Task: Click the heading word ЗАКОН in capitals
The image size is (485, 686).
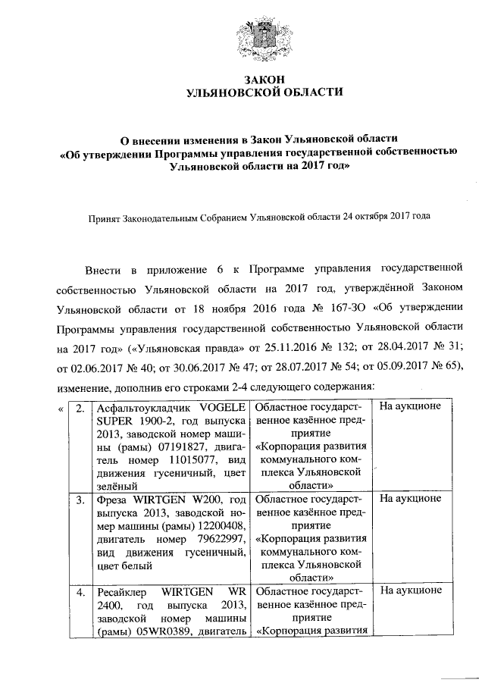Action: pyautogui.click(x=242, y=79)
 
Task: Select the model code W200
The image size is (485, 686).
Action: pyautogui.click(x=196, y=500)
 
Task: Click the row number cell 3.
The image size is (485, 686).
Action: pyautogui.click(x=80, y=500)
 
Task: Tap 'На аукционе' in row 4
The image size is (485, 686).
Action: pyautogui.click(x=410, y=591)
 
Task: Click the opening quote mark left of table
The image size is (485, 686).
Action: pyautogui.click(x=60, y=409)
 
